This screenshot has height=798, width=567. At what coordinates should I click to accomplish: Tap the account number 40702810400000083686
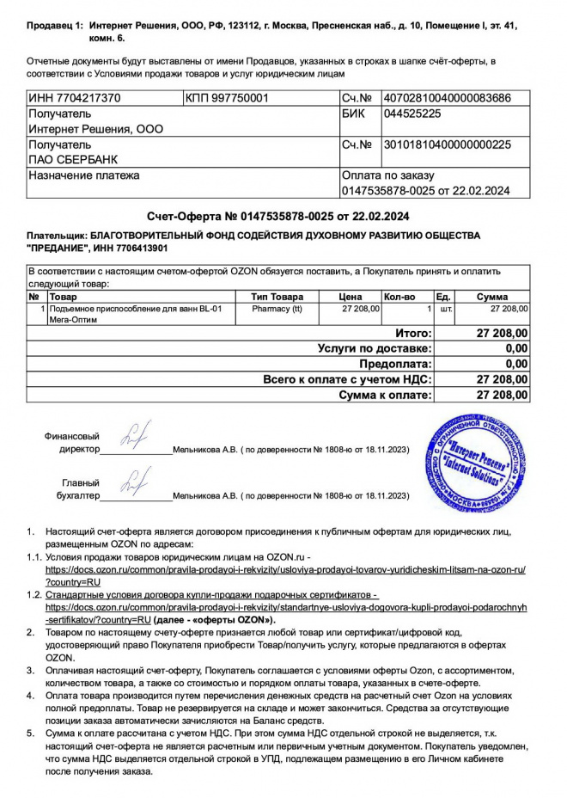click(447, 99)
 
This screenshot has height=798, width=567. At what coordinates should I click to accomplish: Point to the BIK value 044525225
click(413, 114)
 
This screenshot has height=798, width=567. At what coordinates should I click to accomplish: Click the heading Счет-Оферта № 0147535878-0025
click(277, 215)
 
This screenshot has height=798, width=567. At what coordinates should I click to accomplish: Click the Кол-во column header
click(399, 297)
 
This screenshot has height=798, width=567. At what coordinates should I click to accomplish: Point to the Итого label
click(412, 333)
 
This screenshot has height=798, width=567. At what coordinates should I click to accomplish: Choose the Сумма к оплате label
click(383, 395)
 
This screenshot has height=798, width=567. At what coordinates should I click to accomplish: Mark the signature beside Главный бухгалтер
click(135, 482)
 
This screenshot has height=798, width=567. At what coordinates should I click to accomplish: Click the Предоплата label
click(395, 364)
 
